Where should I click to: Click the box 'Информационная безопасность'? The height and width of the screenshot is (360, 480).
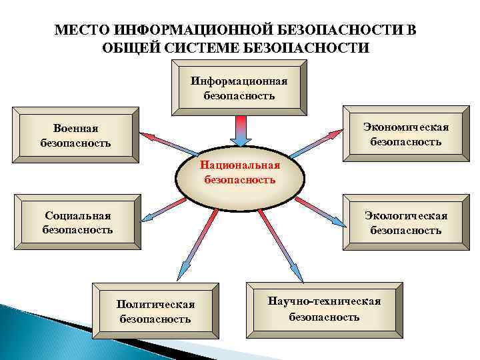coord(239,88)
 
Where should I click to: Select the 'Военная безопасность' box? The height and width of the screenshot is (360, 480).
coord(76,135)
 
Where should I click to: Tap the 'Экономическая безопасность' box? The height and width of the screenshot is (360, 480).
coord(405,134)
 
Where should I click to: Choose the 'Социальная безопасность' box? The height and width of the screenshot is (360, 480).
coord(77,223)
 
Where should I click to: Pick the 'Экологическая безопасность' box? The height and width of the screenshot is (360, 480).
coord(405,223)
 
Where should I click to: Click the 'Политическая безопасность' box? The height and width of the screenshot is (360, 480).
coord(155,311)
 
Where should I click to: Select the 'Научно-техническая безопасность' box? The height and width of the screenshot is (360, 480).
coord(324,309)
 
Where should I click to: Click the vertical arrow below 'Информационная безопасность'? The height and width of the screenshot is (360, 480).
coord(241,129)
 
